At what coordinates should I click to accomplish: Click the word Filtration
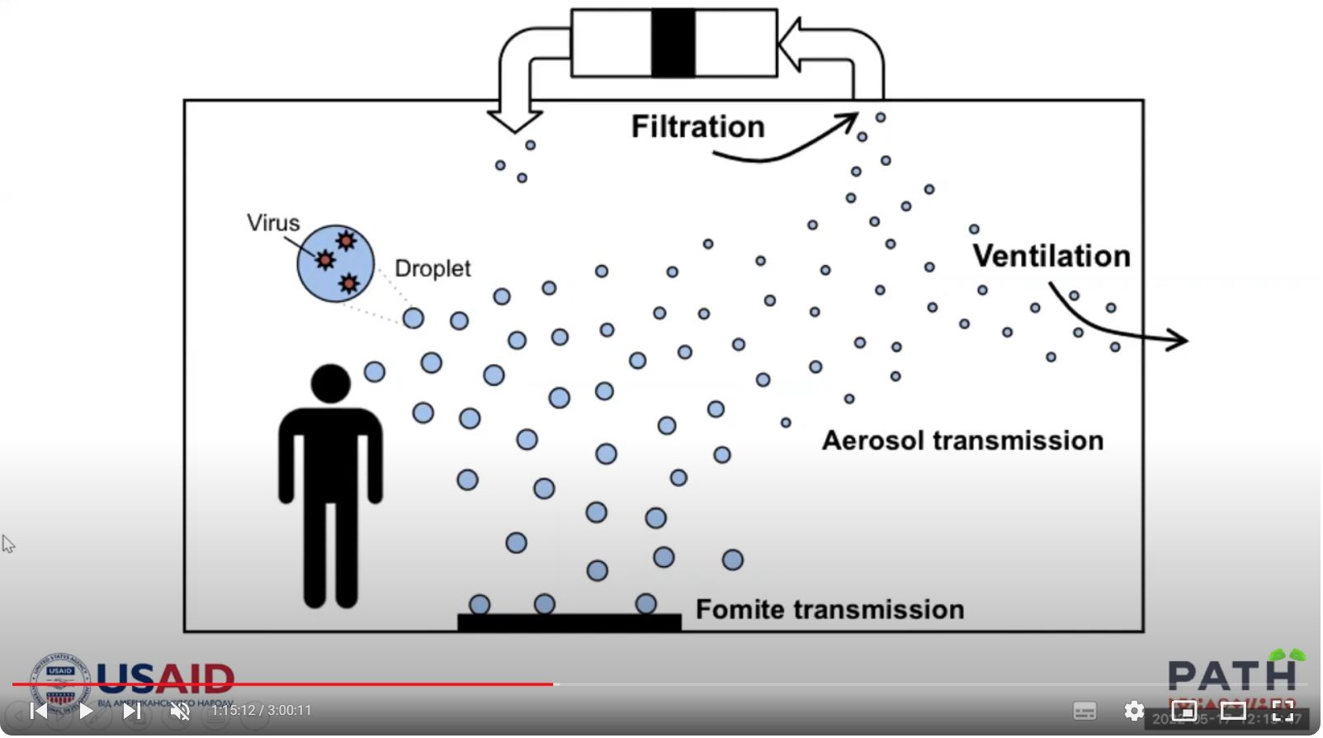[x=698, y=127]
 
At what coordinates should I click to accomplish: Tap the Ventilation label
[x=1051, y=256]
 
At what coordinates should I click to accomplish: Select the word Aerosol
[x=873, y=441]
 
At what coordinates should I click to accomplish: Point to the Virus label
[x=273, y=223]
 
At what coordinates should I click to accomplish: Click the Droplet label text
[x=432, y=268]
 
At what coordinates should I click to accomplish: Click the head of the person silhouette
[x=331, y=384]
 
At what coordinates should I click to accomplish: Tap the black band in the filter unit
[x=673, y=43]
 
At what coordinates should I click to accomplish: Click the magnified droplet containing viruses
[x=335, y=263]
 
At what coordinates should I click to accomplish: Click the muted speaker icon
[x=180, y=712]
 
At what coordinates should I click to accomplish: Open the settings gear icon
[x=1134, y=712]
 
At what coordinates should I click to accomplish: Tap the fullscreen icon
[x=1283, y=712]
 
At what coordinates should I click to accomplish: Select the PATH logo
[x=1232, y=675]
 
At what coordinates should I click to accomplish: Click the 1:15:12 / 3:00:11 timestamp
[x=262, y=712]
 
